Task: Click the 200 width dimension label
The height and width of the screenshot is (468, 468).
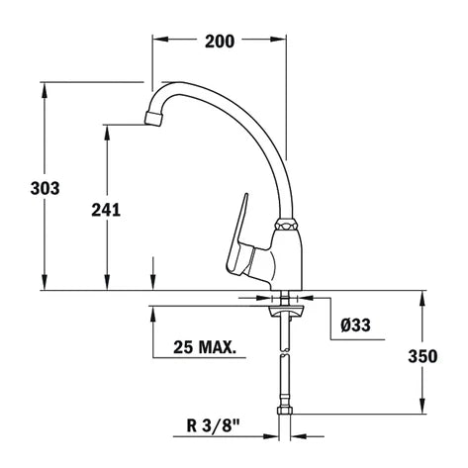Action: point(220,42)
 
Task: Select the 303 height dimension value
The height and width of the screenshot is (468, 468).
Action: point(45,188)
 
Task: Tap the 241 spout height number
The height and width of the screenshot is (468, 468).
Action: point(106,210)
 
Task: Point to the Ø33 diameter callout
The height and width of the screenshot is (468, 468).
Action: point(355,326)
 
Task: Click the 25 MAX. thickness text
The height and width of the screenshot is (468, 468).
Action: point(205,347)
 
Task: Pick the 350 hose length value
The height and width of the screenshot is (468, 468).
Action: point(422,356)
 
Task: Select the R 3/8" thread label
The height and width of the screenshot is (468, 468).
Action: point(213,425)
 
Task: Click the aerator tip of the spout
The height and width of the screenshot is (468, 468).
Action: point(153,119)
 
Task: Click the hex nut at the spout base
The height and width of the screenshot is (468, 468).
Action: point(286,225)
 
